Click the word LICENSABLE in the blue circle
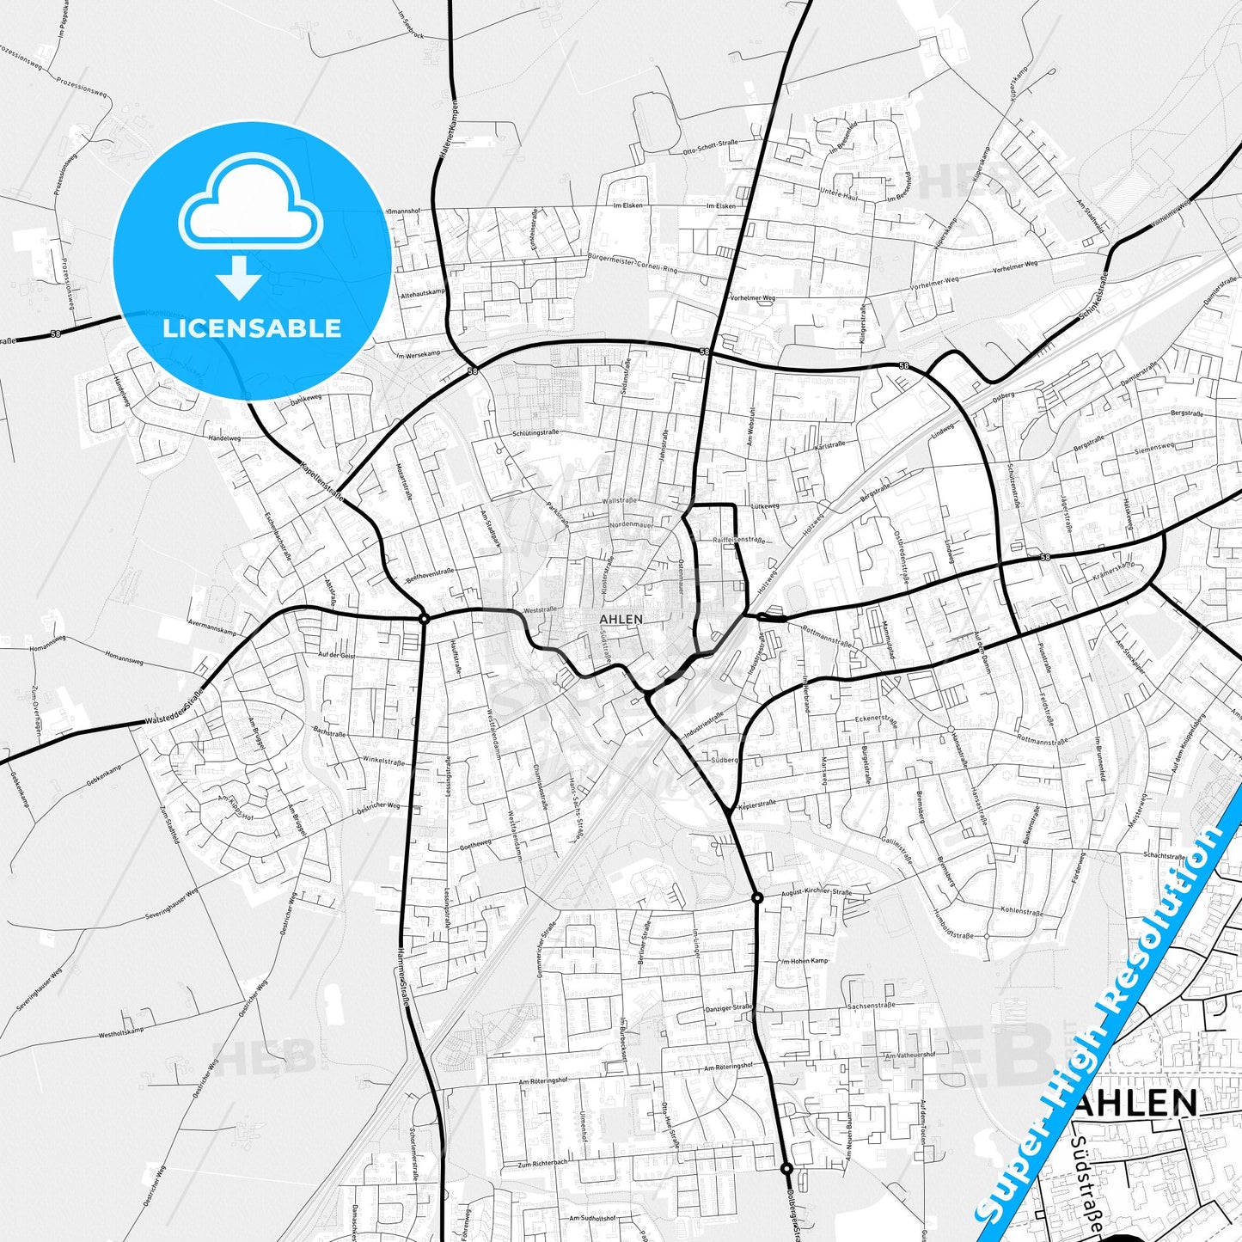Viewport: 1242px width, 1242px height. tap(252, 328)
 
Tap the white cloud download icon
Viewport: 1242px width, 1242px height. tap(250, 225)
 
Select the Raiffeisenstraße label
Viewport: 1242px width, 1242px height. tap(738, 539)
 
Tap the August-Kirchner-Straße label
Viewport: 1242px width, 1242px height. tap(817, 893)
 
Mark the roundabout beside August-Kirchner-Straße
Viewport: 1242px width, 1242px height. tap(757, 897)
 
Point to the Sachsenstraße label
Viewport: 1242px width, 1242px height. tap(872, 1005)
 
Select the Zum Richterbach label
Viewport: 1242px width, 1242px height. tap(542, 1164)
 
